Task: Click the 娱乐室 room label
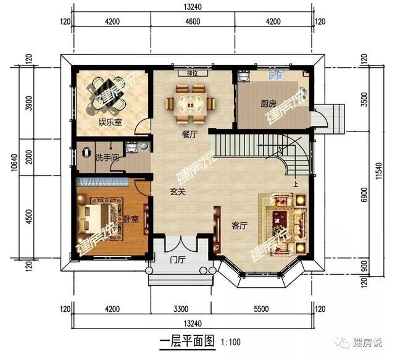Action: (109, 122)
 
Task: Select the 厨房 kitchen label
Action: (268, 104)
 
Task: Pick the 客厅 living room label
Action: (239, 226)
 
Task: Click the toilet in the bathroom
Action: (144, 147)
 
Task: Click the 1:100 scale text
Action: (231, 341)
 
